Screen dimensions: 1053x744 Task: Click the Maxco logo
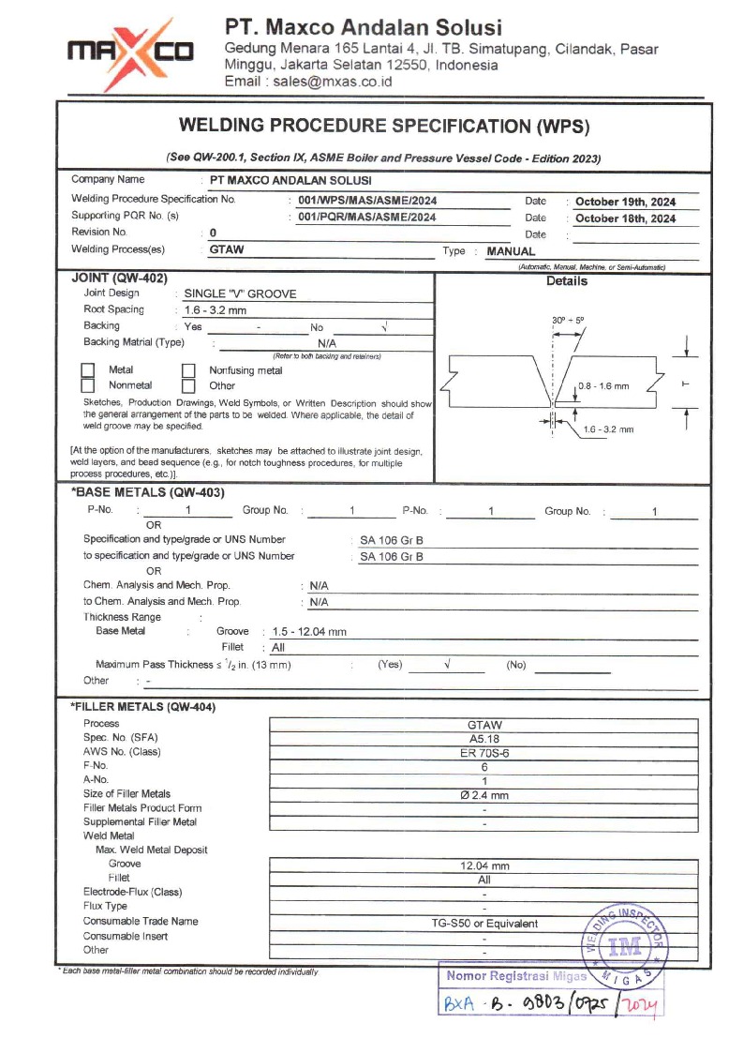click(x=129, y=50)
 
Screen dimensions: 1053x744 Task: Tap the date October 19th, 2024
click(x=624, y=202)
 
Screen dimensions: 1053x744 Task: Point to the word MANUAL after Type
click(x=511, y=251)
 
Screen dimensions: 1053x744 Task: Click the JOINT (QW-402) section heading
click(x=119, y=278)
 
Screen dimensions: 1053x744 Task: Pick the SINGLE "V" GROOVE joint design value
click(x=240, y=293)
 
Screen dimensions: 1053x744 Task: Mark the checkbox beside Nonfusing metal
click(x=188, y=370)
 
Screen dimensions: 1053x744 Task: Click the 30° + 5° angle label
click(x=569, y=321)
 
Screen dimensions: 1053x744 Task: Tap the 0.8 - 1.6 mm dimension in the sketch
click(x=603, y=385)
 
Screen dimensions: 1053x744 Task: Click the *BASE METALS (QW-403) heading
click(x=147, y=492)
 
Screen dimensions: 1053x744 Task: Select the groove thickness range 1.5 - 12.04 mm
click(x=309, y=632)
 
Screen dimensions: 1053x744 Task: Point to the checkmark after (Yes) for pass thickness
click(x=447, y=664)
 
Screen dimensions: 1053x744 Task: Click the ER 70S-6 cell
click(x=484, y=752)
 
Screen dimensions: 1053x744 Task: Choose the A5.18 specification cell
click(x=484, y=738)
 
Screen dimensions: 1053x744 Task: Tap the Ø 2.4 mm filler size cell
click(x=484, y=795)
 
